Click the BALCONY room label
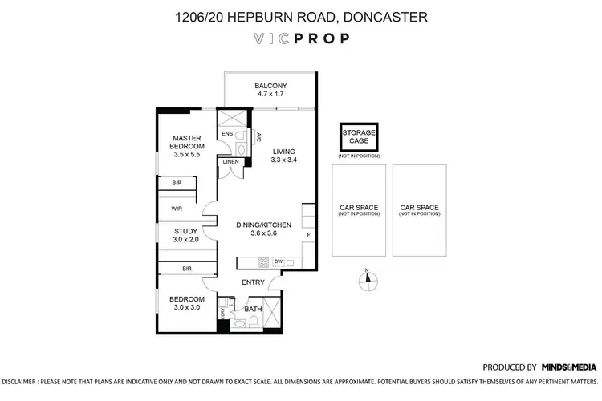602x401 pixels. click(270, 86)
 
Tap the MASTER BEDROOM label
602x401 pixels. click(187, 142)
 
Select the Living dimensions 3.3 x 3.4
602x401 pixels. click(284, 160)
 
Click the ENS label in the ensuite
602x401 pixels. click(227, 133)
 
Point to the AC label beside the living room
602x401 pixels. click(258, 137)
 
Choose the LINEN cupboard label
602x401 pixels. click(230, 162)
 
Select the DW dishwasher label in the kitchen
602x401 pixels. click(278, 261)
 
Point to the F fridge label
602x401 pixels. click(309, 235)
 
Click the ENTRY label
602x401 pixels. click(254, 282)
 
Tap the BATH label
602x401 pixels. click(253, 309)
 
